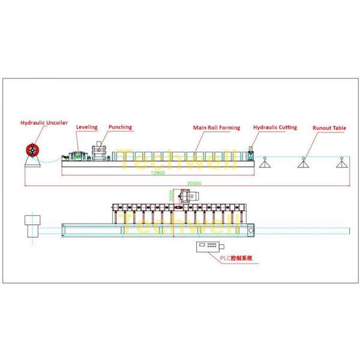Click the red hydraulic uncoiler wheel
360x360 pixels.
[x=31, y=151]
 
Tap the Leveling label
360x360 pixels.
[x=86, y=127]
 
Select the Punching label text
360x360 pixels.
[x=120, y=127]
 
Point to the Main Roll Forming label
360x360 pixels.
[x=216, y=128]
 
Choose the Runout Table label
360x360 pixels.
[x=329, y=128]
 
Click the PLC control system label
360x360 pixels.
[x=236, y=258]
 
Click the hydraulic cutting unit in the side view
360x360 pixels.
[x=251, y=154]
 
